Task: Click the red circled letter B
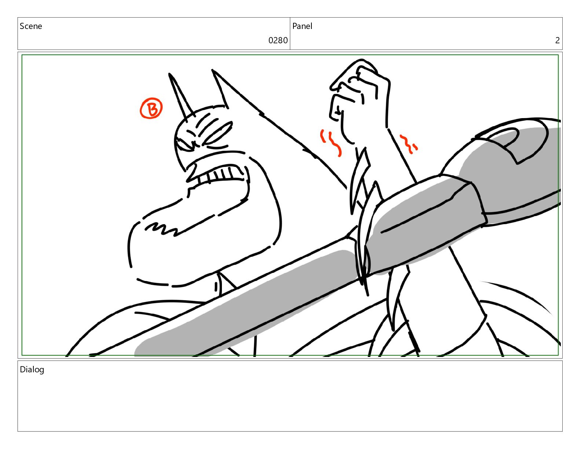pos(151,108)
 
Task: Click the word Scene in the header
pos(31,26)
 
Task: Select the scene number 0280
pos(278,40)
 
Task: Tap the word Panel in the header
pos(302,26)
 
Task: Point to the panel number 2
pos(557,40)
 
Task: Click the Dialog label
pos(32,370)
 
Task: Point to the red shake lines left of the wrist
pos(331,143)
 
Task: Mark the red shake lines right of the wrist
pos(409,145)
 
